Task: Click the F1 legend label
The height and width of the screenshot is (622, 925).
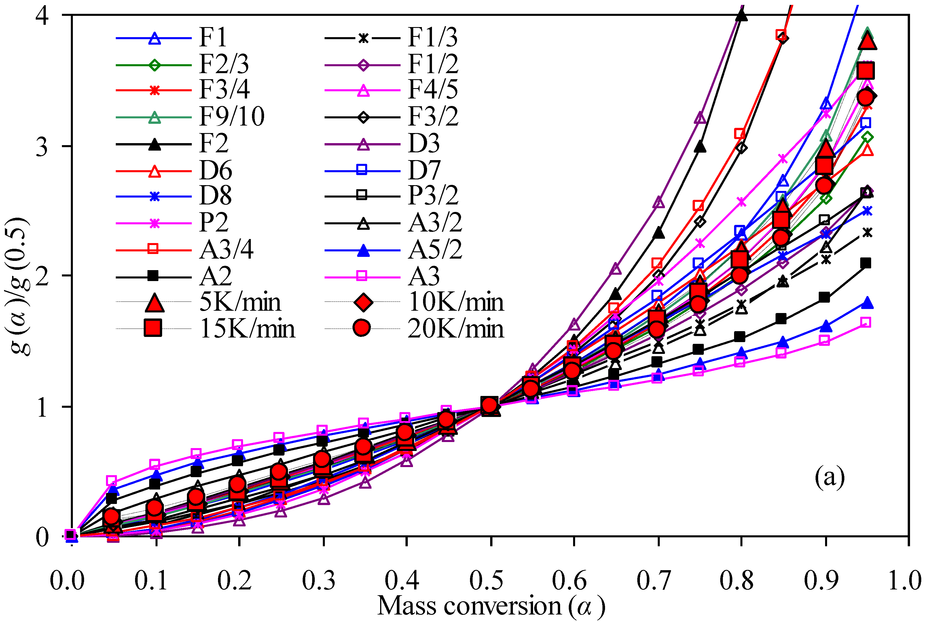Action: click(x=213, y=38)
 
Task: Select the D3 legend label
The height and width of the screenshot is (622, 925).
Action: click(x=424, y=144)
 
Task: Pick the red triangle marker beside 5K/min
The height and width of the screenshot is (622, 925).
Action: click(x=154, y=303)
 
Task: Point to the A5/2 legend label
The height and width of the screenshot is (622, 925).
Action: click(x=435, y=250)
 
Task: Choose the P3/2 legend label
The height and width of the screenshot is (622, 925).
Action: click(x=433, y=196)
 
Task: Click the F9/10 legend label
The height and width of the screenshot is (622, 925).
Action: click(x=232, y=117)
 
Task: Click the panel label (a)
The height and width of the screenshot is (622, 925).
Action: click(x=829, y=476)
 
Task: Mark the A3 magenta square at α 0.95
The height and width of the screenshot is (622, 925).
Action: click(x=866, y=322)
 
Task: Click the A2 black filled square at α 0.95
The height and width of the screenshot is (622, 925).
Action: click(x=866, y=263)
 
